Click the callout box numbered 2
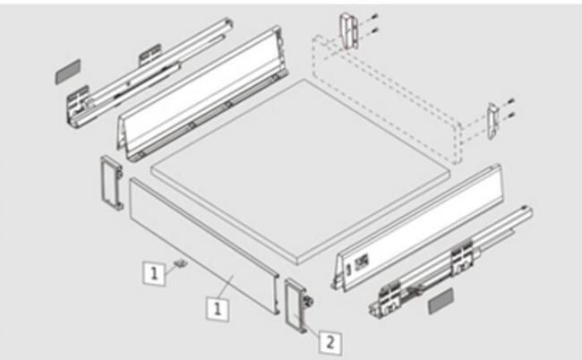[330, 342]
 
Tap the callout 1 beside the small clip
[154, 273]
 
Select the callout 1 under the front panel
[218, 309]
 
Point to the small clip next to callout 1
[181, 263]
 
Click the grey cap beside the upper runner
[68, 72]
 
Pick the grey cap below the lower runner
[441, 301]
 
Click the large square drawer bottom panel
[301, 172]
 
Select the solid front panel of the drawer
[204, 246]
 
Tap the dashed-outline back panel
[386, 99]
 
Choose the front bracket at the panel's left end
[111, 183]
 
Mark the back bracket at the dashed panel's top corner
[349, 31]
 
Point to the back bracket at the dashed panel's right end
[493, 121]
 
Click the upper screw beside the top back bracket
[373, 17]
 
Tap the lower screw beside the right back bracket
[510, 115]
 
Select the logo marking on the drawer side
[361, 262]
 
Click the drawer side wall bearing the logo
[417, 227]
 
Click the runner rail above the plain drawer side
[150, 73]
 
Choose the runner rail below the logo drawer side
[451, 261]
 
